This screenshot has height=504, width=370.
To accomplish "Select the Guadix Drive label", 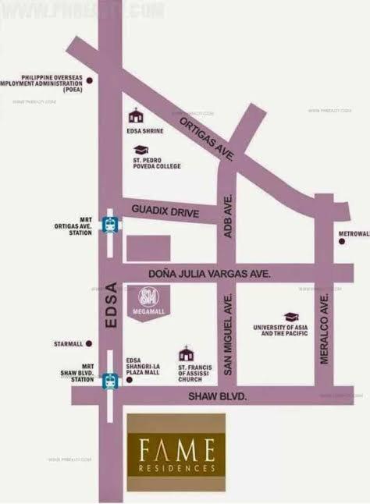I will pos(165,211).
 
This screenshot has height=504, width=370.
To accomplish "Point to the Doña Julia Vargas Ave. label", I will pos(209,273).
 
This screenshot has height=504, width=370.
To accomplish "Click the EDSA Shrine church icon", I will pos(137,114).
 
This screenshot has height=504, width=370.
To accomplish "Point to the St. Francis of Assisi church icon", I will pos(186,353).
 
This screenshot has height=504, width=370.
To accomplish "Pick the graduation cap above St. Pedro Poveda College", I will pos(141,150).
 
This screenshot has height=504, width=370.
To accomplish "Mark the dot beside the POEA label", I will pos(91,80).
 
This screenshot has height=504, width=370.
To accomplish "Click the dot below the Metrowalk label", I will pos(341,242).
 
